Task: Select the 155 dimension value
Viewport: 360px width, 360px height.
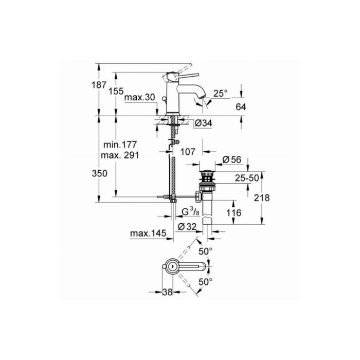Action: click(117, 91)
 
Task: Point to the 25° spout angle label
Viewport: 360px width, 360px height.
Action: click(220, 93)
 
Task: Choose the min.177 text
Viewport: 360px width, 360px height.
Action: click(120, 146)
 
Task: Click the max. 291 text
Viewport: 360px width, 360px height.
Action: click(121, 155)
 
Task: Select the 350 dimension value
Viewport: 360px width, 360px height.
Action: click(100, 174)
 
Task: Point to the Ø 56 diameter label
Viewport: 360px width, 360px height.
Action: click(232, 160)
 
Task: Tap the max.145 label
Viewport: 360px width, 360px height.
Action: click(148, 234)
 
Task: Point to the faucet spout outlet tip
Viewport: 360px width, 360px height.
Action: click(204, 101)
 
